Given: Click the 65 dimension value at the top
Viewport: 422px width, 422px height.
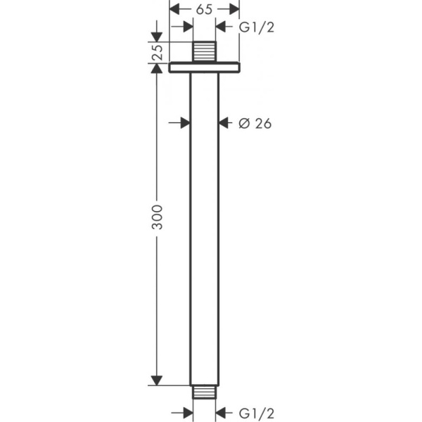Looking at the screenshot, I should coord(205,9).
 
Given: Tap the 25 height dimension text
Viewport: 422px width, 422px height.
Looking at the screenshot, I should coord(158,52).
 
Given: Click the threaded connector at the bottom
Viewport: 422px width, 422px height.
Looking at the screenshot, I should coord(205,391).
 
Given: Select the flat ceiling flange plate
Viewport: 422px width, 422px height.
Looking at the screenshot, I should coord(205,68).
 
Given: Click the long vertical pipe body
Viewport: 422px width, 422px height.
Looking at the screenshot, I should coord(205,225).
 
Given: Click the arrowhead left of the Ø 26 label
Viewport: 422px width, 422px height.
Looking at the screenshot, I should coord(224,123).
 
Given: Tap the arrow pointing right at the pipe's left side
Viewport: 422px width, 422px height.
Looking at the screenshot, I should coord(186,123).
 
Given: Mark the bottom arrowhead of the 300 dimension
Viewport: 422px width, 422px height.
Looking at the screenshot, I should coord(158,381).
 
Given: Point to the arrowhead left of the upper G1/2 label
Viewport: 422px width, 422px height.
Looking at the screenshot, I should coord(222,27).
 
